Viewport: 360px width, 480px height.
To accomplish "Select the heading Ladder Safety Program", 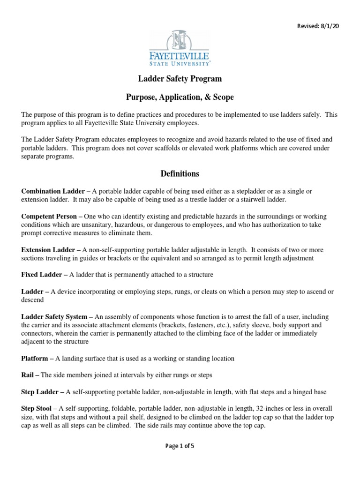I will [x=180, y=79].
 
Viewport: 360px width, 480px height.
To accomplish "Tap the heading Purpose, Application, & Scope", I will [x=180, y=97].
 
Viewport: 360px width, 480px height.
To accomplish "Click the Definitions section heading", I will [x=180, y=174].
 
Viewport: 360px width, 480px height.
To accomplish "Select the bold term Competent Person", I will [x=50, y=216].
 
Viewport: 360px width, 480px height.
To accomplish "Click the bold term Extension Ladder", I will [x=49, y=250].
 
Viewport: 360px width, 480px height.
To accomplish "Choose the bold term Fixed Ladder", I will [x=43, y=275].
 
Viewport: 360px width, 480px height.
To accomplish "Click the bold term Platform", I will [x=37, y=358].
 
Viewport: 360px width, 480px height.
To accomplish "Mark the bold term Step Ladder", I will [x=43, y=391].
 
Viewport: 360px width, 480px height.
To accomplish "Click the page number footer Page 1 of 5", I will [x=180, y=446].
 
